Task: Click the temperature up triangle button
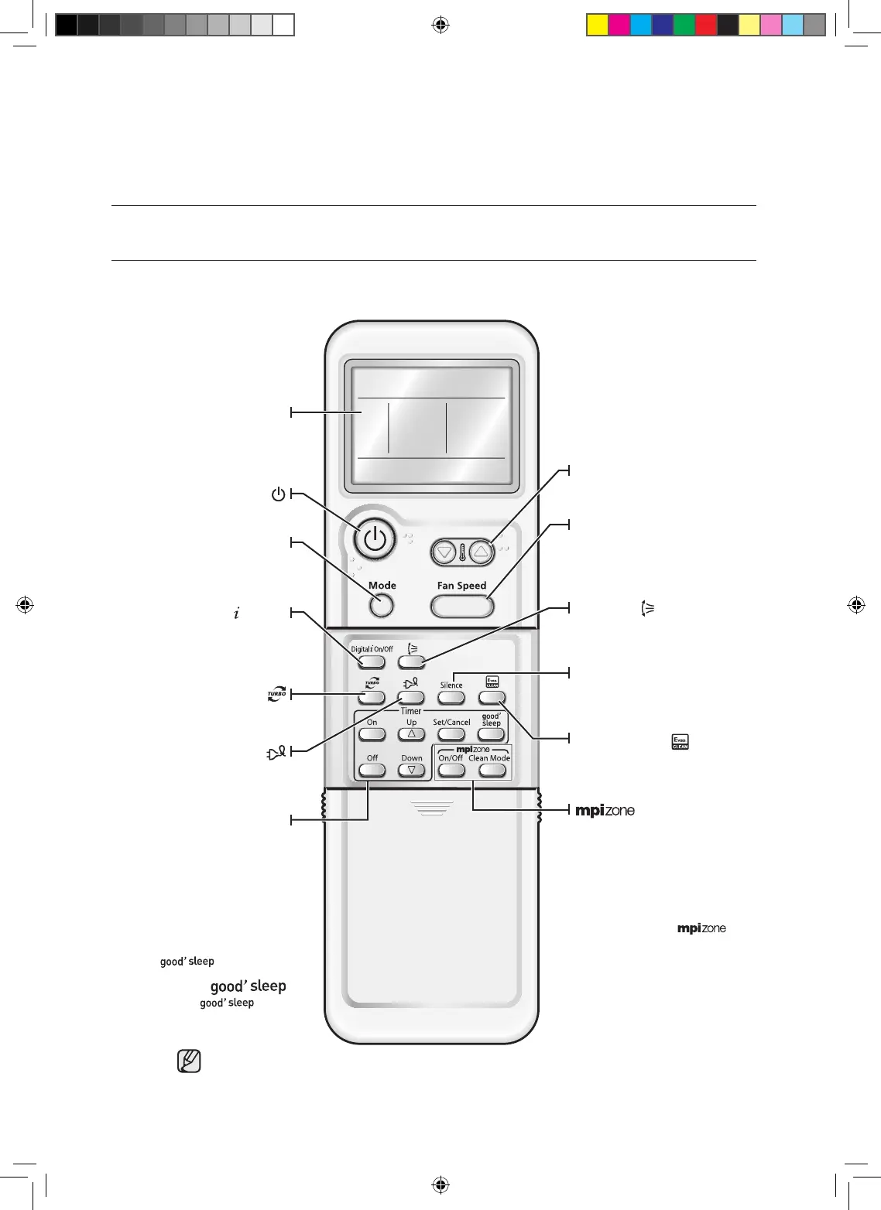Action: [482, 552]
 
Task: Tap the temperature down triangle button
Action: [444, 552]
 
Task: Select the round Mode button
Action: [381, 606]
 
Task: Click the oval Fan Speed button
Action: [462, 607]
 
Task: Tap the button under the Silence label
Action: [451, 698]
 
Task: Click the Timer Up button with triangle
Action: [411, 734]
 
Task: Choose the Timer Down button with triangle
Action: [411, 770]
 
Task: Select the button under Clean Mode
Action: [492, 770]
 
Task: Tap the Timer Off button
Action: [372, 770]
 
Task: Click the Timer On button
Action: [372, 734]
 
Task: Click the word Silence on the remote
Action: [451, 685]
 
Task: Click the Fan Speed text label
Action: [461, 586]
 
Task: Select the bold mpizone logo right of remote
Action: [605, 811]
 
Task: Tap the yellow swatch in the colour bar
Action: [597, 26]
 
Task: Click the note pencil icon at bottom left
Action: [189, 1061]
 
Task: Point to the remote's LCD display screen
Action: [431, 426]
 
